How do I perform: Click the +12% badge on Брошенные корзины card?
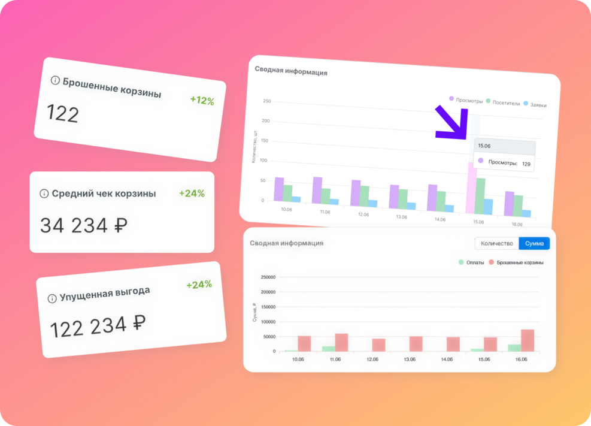[202, 101]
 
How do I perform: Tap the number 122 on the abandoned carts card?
[63, 114]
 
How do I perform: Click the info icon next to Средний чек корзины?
[44, 194]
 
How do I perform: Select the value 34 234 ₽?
[84, 226]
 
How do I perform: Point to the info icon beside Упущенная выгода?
[52, 298]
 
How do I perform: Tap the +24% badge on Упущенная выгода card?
[199, 285]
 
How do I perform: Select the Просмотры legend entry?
[466, 101]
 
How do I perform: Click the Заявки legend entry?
[534, 104]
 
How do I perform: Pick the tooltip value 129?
[526, 164]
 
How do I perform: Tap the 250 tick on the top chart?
[267, 101]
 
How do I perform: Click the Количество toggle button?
[497, 244]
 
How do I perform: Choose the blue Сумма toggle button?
[534, 244]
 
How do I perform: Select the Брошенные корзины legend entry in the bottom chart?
[516, 262]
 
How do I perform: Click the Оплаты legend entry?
[471, 262]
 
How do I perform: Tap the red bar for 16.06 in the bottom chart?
[528, 340]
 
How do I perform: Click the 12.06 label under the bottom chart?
[372, 359]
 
